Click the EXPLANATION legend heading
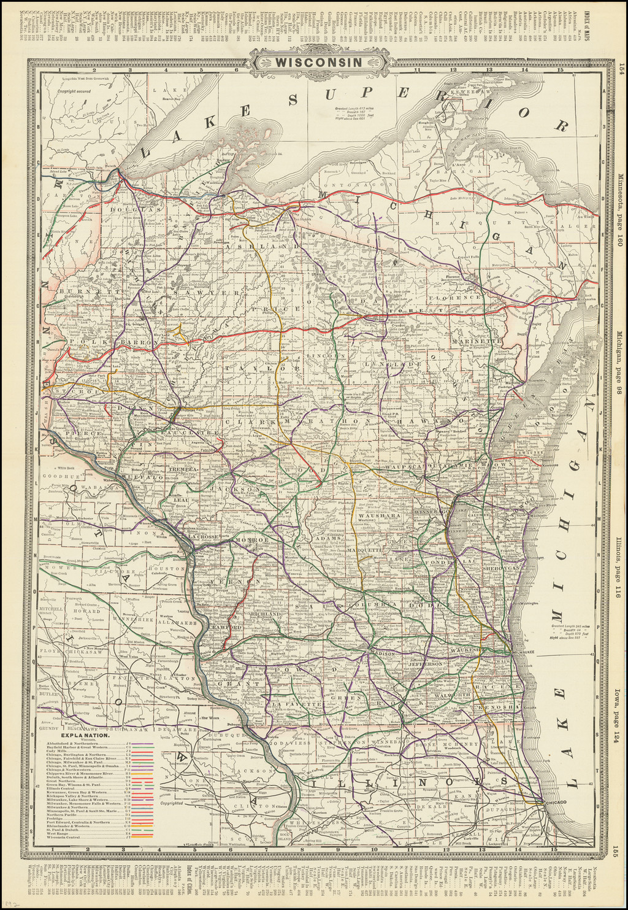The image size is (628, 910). point(85,735)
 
